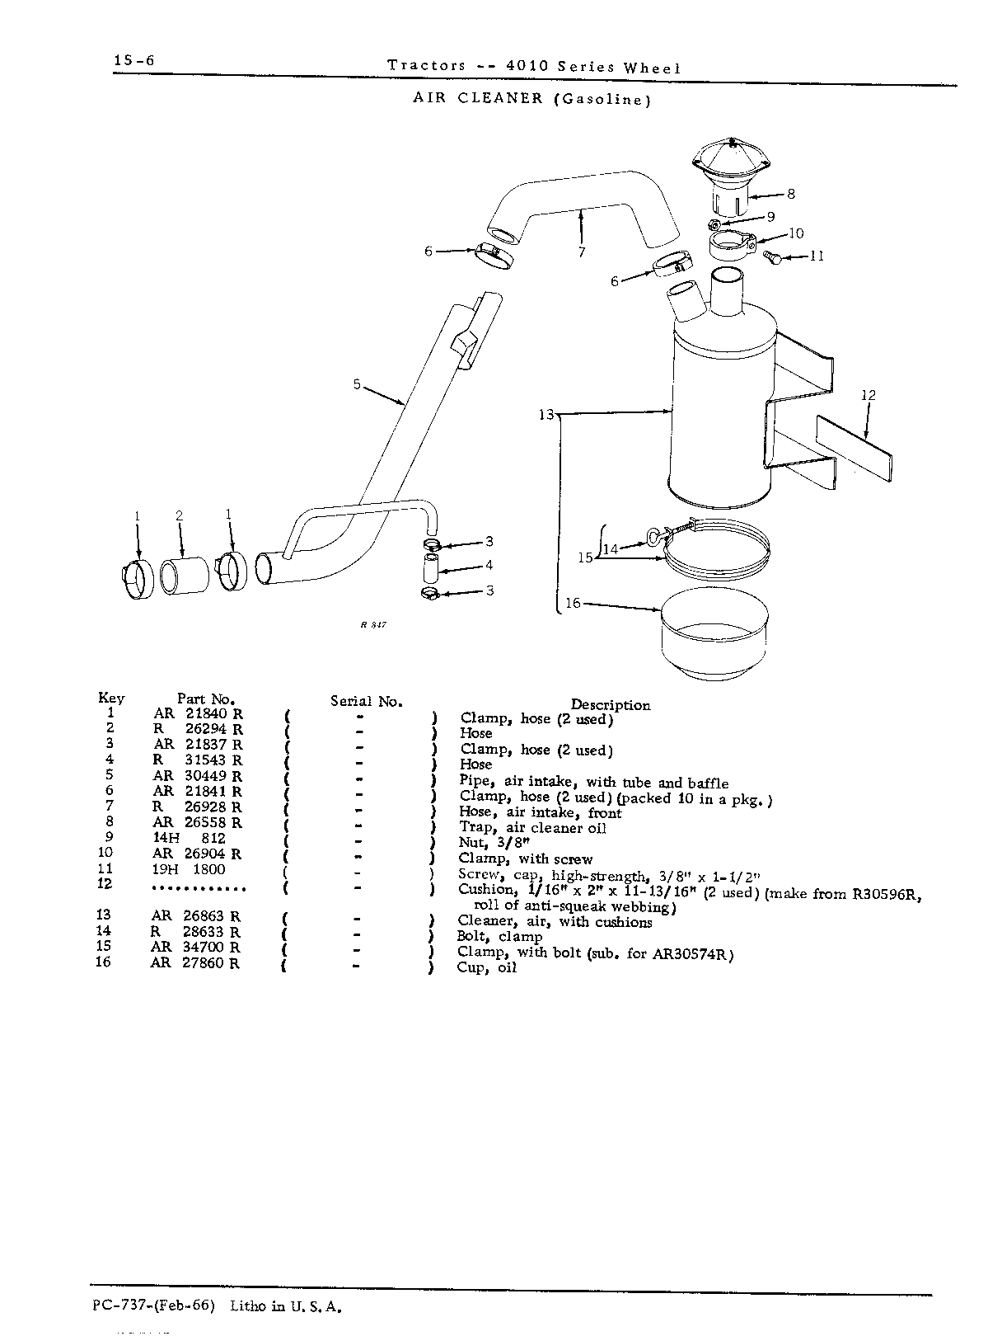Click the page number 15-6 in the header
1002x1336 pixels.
134,60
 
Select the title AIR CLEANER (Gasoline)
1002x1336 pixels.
532,99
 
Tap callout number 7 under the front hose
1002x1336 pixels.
582,252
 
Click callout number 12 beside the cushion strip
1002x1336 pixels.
869,395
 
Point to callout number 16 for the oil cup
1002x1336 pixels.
573,603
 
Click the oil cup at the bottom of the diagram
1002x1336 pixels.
714,633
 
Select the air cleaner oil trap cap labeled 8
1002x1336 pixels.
732,176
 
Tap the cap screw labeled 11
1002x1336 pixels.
772,256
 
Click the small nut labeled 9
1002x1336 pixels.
715,225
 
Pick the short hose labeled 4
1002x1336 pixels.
430,567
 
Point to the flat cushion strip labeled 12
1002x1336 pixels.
854,447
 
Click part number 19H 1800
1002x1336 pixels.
189,869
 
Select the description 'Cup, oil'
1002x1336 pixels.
486,967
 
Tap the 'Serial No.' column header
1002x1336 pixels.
367,701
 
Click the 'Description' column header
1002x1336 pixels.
611,705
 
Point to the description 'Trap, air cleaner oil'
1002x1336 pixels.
532,828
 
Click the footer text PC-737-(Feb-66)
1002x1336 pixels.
154,1306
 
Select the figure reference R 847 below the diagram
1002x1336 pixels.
373,624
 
